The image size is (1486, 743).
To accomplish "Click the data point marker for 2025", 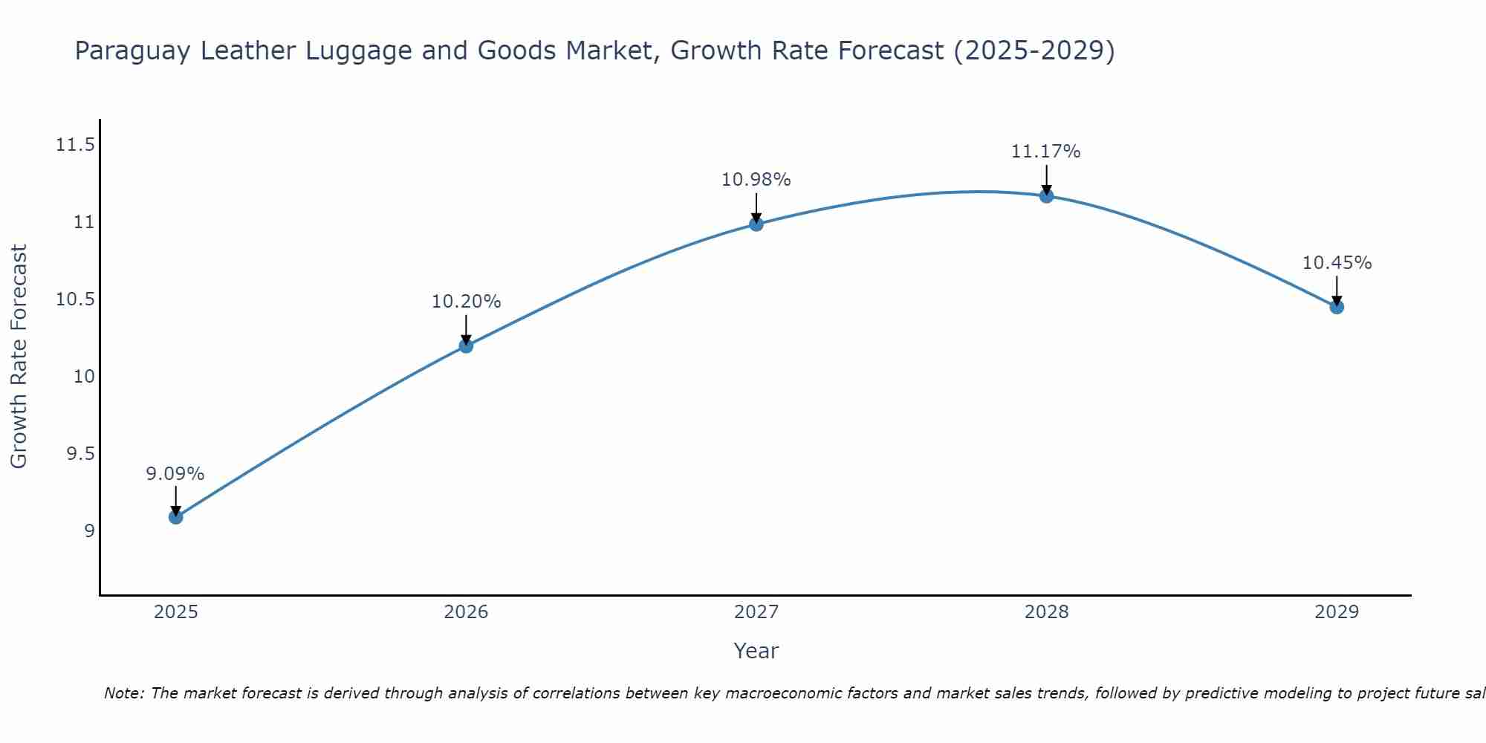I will [x=176, y=516].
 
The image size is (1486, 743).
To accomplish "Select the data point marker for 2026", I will [x=466, y=345].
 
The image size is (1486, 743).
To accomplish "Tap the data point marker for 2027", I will [x=756, y=224].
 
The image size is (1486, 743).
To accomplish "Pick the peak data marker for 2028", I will [x=1046, y=196].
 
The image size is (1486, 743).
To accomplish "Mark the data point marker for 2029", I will [x=1337, y=307].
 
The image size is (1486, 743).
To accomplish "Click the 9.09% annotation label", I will [x=175, y=474].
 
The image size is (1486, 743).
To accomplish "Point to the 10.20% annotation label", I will [x=466, y=302].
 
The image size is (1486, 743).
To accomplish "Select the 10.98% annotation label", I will [x=756, y=180].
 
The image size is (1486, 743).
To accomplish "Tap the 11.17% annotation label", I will [x=1045, y=152].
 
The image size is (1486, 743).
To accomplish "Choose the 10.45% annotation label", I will [x=1337, y=263].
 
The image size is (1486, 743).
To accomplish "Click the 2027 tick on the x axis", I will [x=756, y=612].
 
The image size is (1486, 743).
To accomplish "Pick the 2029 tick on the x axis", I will [x=1337, y=612].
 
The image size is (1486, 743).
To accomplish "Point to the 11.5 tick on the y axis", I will [x=76, y=145].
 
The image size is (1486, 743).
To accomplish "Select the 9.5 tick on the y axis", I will [x=81, y=454].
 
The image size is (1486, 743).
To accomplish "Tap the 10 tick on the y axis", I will [x=85, y=377].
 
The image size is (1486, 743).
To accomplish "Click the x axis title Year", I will [x=756, y=651].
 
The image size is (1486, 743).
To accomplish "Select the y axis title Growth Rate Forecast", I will [x=19, y=356].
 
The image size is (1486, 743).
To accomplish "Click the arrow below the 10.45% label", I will [x=1337, y=290].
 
